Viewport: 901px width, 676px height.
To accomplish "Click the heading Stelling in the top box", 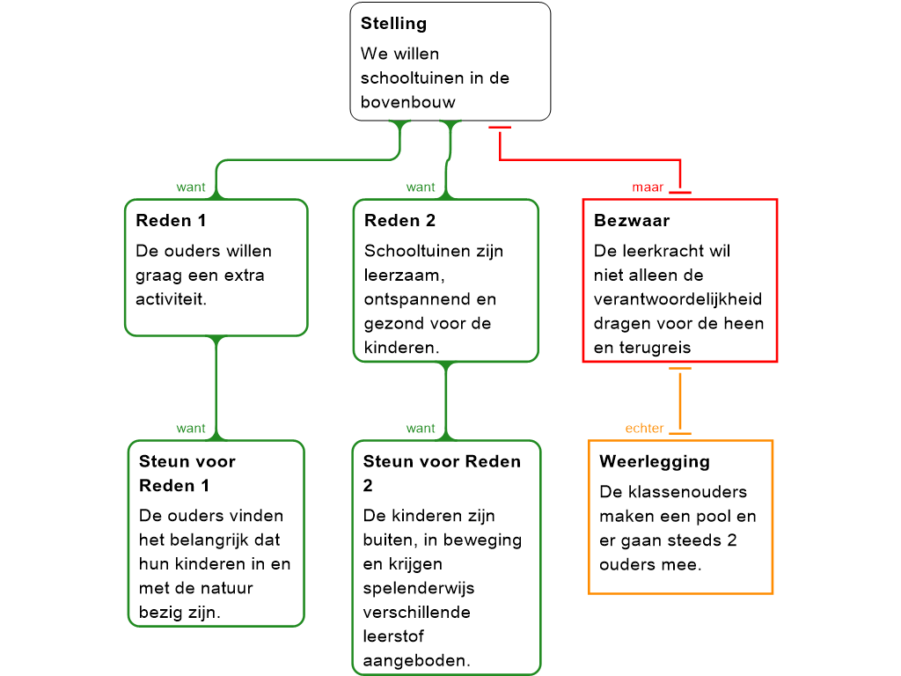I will click(393, 24).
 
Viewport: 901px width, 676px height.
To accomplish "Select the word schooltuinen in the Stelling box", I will click(412, 77).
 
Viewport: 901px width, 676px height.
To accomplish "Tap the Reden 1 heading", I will click(171, 220).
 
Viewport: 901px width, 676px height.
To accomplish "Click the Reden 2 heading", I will click(399, 220).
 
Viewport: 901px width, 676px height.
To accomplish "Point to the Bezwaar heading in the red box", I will click(631, 220).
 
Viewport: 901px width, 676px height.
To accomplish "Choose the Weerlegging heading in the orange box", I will click(654, 461).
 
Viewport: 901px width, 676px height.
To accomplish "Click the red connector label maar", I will click(648, 187).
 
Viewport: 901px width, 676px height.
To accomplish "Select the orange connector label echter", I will click(644, 429).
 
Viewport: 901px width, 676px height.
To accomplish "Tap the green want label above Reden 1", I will click(191, 187).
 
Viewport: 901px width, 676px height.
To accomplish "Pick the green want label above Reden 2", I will click(421, 187).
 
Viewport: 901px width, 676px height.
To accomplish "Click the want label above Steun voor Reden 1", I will click(191, 429).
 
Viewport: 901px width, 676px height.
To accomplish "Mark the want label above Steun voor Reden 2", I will click(421, 429).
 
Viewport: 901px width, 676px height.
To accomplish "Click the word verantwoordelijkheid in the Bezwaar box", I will click(678, 299).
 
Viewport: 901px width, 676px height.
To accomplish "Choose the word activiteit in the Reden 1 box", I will click(171, 299).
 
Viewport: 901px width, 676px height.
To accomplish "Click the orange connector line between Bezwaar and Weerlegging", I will click(680, 400).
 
